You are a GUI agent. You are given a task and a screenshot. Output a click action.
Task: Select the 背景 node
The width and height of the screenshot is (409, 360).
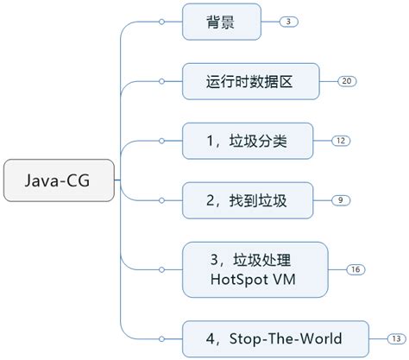pos(221,22)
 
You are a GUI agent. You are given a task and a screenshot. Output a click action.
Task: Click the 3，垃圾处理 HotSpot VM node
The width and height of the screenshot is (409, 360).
pos(256,269)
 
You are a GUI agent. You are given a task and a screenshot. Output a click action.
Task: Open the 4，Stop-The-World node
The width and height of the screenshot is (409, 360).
pos(275,338)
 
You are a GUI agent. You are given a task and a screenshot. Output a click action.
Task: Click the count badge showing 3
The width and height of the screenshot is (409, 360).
pos(288,22)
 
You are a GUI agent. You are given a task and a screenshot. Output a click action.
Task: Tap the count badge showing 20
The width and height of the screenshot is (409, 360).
pos(348,81)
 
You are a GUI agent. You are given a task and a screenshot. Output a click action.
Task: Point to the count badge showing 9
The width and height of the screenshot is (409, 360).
pos(341,200)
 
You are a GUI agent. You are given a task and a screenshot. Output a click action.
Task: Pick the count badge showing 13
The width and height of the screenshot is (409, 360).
pos(398,338)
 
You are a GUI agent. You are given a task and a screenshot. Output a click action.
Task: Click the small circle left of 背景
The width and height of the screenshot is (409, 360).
pos(161,22)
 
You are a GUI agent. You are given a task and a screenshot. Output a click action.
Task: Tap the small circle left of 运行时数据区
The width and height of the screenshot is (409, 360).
pos(161,81)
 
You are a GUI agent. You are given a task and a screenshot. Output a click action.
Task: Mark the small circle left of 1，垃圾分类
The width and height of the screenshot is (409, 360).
pos(161,141)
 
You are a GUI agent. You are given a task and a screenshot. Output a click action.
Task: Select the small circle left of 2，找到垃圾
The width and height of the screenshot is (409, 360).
pos(161,200)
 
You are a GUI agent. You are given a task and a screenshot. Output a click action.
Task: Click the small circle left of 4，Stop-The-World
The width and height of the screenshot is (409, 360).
pos(161,338)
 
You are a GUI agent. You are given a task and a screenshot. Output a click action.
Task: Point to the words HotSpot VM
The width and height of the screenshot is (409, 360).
pos(256,280)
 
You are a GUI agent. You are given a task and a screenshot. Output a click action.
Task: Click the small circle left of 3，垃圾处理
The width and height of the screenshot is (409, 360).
pos(161,269)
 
